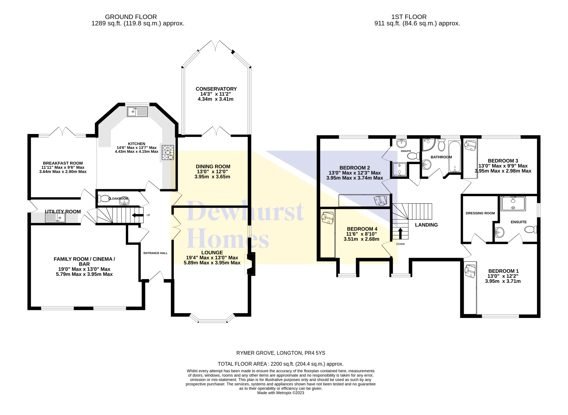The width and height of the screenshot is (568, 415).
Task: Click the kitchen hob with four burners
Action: click(168, 152)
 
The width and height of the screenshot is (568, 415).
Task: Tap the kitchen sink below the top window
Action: click(137, 112)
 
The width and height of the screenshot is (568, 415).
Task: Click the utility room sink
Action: click(55, 218)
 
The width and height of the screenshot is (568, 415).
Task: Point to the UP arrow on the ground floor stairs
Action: click(138, 215)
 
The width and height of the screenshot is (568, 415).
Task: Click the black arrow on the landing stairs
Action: click(400, 233)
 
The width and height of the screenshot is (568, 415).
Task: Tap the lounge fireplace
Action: click(250, 264)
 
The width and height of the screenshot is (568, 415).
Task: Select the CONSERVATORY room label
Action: click(216, 89)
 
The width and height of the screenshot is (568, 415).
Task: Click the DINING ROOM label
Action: click(213, 167)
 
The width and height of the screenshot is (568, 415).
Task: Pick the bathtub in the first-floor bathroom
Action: click(454, 156)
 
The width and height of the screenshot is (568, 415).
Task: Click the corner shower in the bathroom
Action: click(429, 144)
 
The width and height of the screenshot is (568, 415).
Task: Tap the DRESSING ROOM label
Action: click(480, 213)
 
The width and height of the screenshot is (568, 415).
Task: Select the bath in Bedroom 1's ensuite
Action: click(513, 204)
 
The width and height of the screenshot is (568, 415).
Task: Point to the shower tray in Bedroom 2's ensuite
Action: click(399, 169)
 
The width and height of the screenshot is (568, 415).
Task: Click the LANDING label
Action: click(426, 225)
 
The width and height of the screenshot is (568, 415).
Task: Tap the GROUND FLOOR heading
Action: click(131, 17)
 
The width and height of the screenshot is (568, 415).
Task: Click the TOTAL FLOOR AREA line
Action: click(281, 364)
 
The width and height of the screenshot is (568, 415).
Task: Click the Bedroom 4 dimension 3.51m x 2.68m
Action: click(362, 239)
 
